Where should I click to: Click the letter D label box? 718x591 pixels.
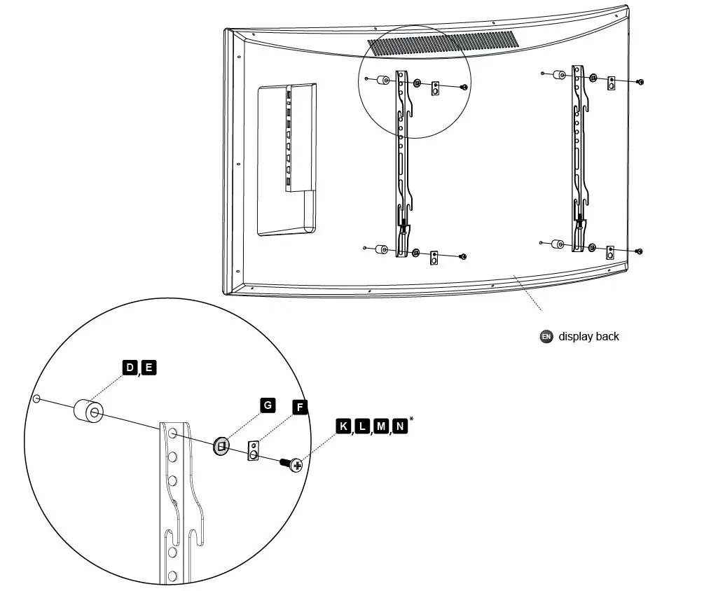click(x=130, y=368)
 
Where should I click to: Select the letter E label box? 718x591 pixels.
click(x=149, y=368)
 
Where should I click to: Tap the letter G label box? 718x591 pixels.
click(x=267, y=405)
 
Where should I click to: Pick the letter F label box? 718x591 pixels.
click(x=300, y=406)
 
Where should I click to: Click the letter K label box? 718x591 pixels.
click(x=343, y=426)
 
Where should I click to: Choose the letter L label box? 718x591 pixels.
click(x=362, y=426)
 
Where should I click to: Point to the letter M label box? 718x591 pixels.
click(x=381, y=426)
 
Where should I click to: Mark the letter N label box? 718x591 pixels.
click(x=400, y=426)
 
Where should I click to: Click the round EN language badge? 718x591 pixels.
click(x=546, y=336)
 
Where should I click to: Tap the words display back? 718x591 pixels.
click(x=588, y=336)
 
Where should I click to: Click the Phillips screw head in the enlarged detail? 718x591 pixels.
click(x=296, y=464)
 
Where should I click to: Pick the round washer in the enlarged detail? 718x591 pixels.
click(x=221, y=445)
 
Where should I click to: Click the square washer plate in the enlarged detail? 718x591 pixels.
click(x=254, y=451)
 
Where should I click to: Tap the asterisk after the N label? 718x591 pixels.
click(x=411, y=420)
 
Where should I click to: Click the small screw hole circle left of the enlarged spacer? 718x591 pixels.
click(x=36, y=399)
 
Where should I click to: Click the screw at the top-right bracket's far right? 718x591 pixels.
click(x=640, y=82)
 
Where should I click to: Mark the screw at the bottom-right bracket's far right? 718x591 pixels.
click(x=640, y=251)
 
